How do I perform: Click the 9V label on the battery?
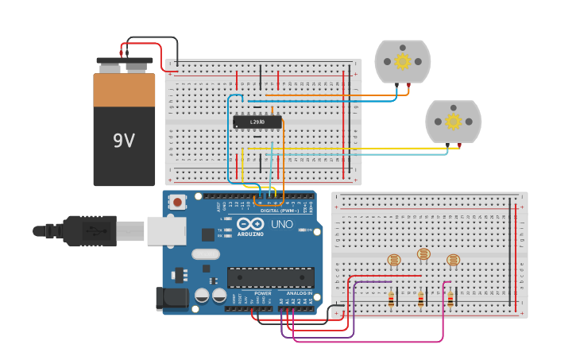click(123, 141)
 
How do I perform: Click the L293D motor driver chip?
click(257, 122)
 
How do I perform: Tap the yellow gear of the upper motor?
click(403, 61)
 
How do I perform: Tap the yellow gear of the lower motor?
click(453, 121)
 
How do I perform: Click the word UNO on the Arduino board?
click(282, 225)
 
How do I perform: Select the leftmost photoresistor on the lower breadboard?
click(393, 259)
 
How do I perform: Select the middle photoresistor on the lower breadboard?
click(423, 254)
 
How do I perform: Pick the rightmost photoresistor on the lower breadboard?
click(453, 259)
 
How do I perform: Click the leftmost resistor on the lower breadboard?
click(391, 299)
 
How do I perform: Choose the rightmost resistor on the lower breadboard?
click(450, 299)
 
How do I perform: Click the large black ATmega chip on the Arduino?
click(270, 277)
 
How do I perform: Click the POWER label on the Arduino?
click(262, 293)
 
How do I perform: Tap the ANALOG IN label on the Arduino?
click(299, 293)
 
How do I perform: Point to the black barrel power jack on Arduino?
click(171, 298)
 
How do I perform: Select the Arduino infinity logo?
click(249, 224)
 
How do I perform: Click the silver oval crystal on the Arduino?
click(205, 254)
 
